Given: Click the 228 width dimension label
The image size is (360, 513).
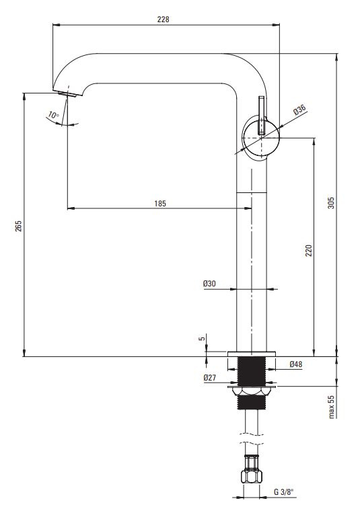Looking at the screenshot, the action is (x=163, y=19).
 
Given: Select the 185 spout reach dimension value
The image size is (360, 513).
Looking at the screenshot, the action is (x=160, y=204).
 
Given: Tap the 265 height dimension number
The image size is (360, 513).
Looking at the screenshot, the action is (x=18, y=226).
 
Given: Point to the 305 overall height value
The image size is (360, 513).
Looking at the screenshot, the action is (x=331, y=203).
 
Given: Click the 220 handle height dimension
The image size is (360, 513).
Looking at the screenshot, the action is (x=309, y=250).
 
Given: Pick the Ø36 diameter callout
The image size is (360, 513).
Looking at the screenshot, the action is (x=299, y=110).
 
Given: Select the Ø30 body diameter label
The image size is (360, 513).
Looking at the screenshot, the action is (x=209, y=283).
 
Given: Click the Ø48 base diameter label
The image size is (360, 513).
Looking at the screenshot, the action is (x=296, y=364).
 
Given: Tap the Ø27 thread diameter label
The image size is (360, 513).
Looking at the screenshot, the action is (x=210, y=378).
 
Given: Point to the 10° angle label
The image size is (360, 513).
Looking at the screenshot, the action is (x=53, y=115).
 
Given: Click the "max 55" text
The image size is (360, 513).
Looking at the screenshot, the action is (x=332, y=407).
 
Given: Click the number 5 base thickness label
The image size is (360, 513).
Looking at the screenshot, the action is (x=202, y=338).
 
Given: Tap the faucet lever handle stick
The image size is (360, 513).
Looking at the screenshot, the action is (x=261, y=115).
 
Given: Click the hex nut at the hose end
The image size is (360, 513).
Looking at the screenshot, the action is (x=252, y=476).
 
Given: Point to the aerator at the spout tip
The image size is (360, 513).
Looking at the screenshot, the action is (x=68, y=94).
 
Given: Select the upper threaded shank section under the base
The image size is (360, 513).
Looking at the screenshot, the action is (x=251, y=371).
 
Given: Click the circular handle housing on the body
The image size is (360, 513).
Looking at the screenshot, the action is (x=261, y=138).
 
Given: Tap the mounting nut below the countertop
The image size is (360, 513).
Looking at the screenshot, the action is (x=251, y=391).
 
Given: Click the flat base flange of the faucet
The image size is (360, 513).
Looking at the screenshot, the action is (x=251, y=354).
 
